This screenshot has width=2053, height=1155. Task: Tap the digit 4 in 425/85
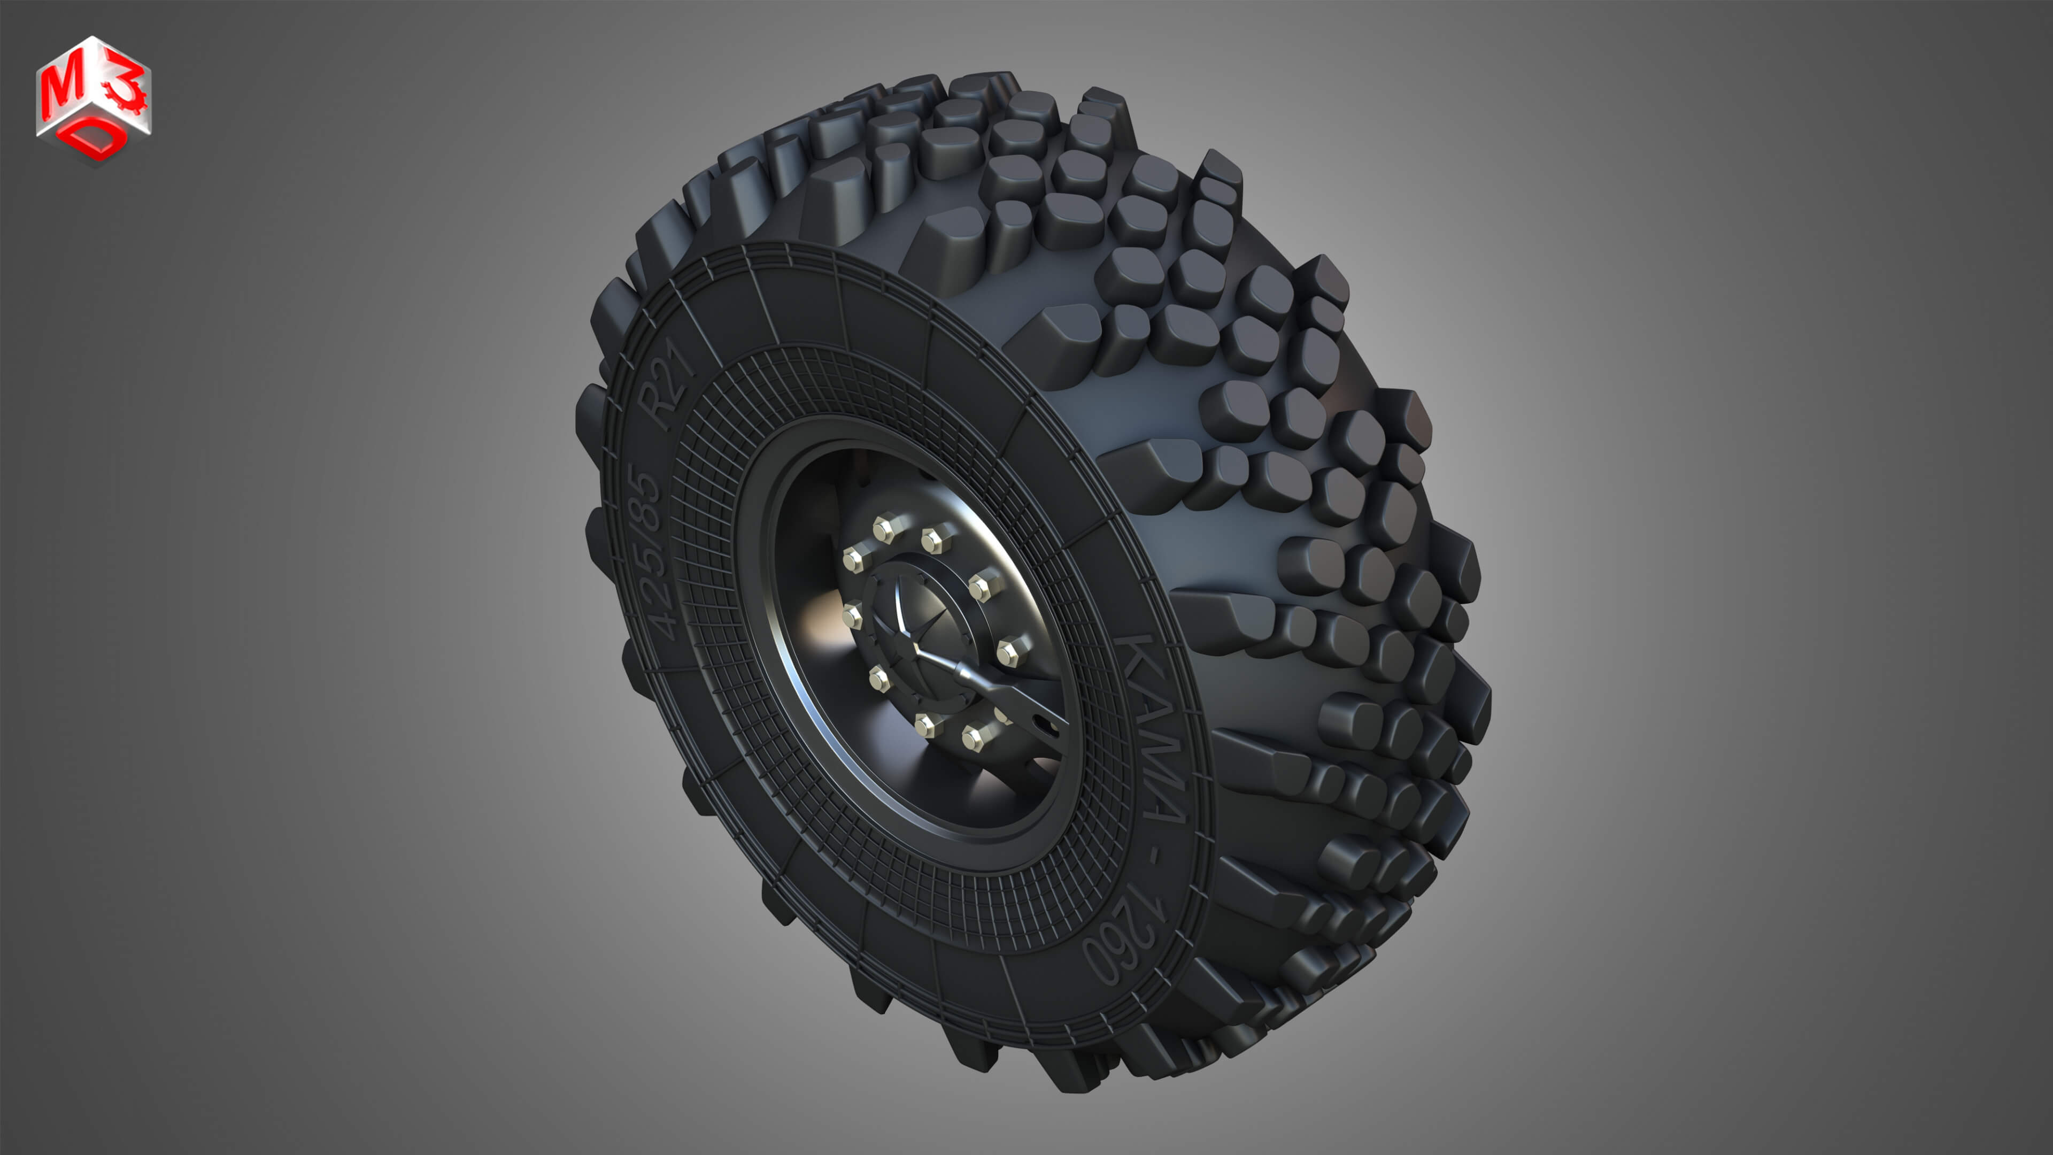coord(666,626)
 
